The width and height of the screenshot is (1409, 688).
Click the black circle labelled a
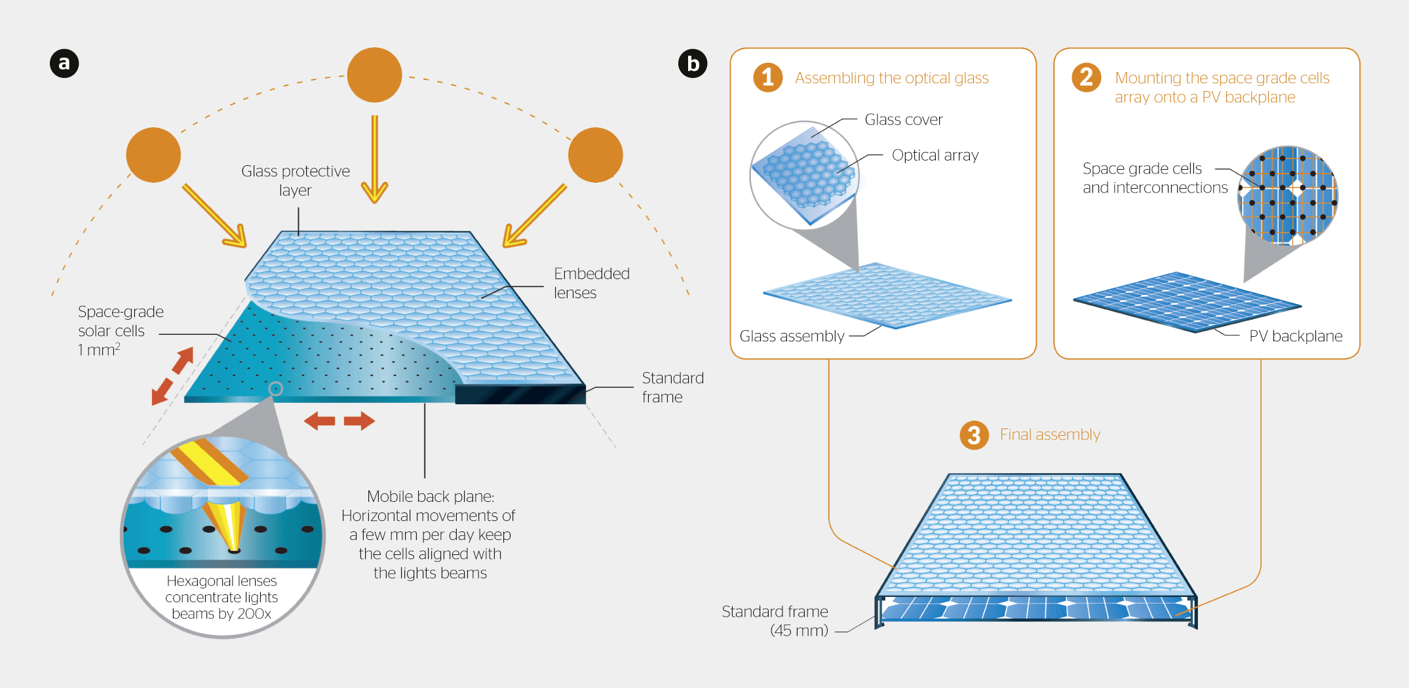coord(64,64)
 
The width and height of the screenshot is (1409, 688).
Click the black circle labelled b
coord(693,64)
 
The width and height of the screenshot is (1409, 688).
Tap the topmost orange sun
coord(374,75)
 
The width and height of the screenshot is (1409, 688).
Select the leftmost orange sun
coord(153,155)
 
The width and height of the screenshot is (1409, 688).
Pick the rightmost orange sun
coord(595,155)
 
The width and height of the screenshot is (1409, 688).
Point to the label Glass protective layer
coord(296,180)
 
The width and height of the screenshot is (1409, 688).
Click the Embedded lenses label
coord(591,283)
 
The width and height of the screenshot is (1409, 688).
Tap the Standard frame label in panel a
coord(672,387)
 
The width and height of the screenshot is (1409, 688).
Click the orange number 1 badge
coord(768,77)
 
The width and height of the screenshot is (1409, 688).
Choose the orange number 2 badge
coord(1086,77)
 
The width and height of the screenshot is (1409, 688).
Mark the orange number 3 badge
coord(974,435)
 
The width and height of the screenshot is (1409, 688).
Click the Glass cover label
coord(903,119)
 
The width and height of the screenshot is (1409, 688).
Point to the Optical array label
coord(935,155)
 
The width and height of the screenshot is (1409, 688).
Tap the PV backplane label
coord(1295,336)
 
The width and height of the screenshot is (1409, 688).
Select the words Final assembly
coord(1050,434)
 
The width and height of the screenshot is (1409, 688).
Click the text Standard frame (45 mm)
coord(775,621)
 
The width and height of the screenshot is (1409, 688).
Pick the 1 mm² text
coord(99,350)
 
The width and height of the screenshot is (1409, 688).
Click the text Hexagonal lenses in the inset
coord(222,581)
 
